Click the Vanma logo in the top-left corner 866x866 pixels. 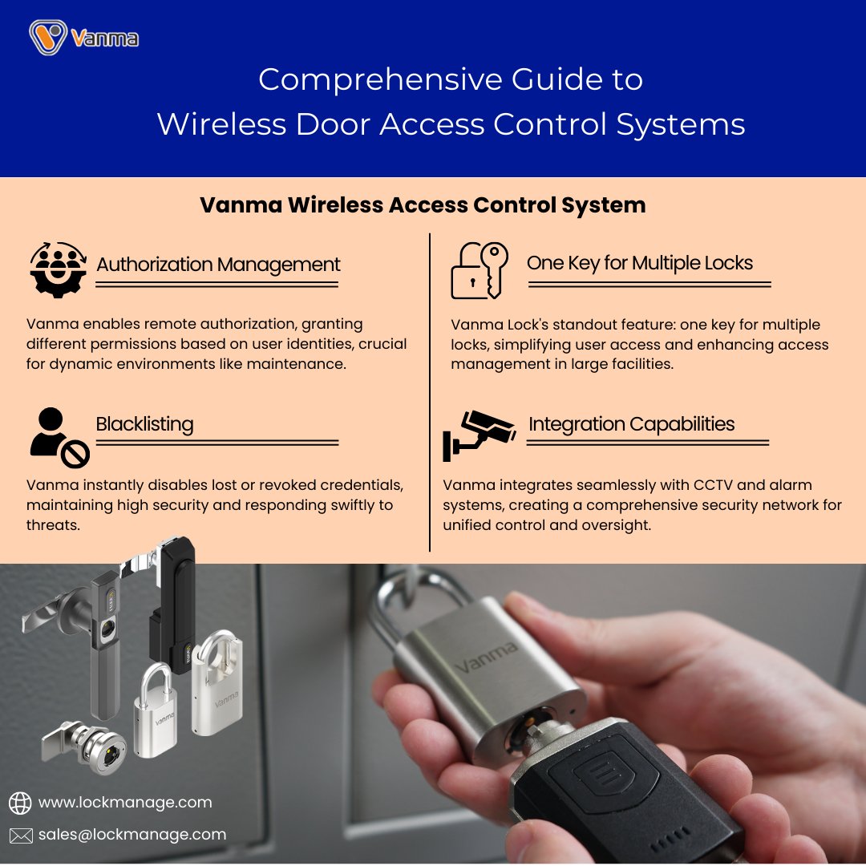(x=83, y=37)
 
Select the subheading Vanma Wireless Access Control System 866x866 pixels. (x=423, y=205)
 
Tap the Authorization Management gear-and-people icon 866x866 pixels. (x=58, y=268)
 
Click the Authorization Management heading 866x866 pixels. (x=218, y=265)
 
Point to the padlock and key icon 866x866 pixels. (x=479, y=270)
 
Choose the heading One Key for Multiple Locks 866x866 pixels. (x=639, y=263)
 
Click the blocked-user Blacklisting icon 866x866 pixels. (x=59, y=437)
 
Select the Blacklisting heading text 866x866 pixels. (x=144, y=423)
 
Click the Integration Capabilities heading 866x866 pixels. (x=631, y=424)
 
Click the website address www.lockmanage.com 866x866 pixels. (x=125, y=802)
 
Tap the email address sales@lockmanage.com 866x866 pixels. (x=132, y=834)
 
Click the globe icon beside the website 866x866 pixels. (x=19, y=803)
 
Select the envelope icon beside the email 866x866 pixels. (x=20, y=835)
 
